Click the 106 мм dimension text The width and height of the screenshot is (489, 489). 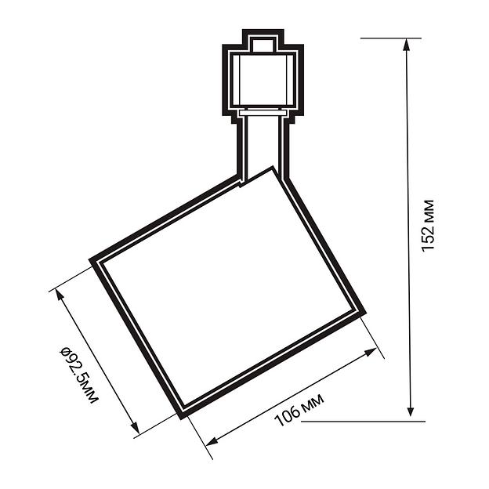point(299,407)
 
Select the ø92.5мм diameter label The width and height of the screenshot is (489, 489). point(79,374)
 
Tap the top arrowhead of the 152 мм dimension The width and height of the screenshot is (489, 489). point(407,44)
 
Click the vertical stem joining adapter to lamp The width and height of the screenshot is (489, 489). point(263,145)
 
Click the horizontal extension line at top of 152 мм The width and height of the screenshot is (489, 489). point(391,38)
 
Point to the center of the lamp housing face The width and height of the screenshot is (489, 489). point(228,291)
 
